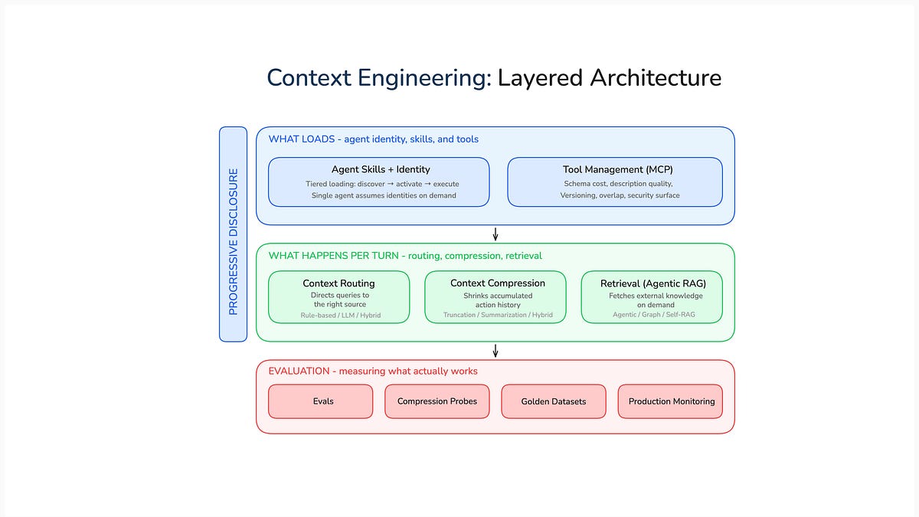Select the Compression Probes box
[x=437, y=401]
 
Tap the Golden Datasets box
[x=553, y=401]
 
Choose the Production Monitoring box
[x=670, y=401]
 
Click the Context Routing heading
[x=338, y=283]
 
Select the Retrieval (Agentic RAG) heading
[x=652, y=283]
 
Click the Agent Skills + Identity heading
[x=380, y=169]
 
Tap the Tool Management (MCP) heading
[x=617, y=169]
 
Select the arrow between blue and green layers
[x=495, y=234]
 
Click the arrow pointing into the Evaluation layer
[x=495, y=350]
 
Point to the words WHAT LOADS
[x=301, y=139]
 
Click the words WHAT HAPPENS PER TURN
[x=333, y=255]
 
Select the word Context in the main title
[x=309, y=78]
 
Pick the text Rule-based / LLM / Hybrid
[x=340, y=315]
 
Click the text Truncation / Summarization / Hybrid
[x=497, y=315]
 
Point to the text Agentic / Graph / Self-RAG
[x=653, y=315]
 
